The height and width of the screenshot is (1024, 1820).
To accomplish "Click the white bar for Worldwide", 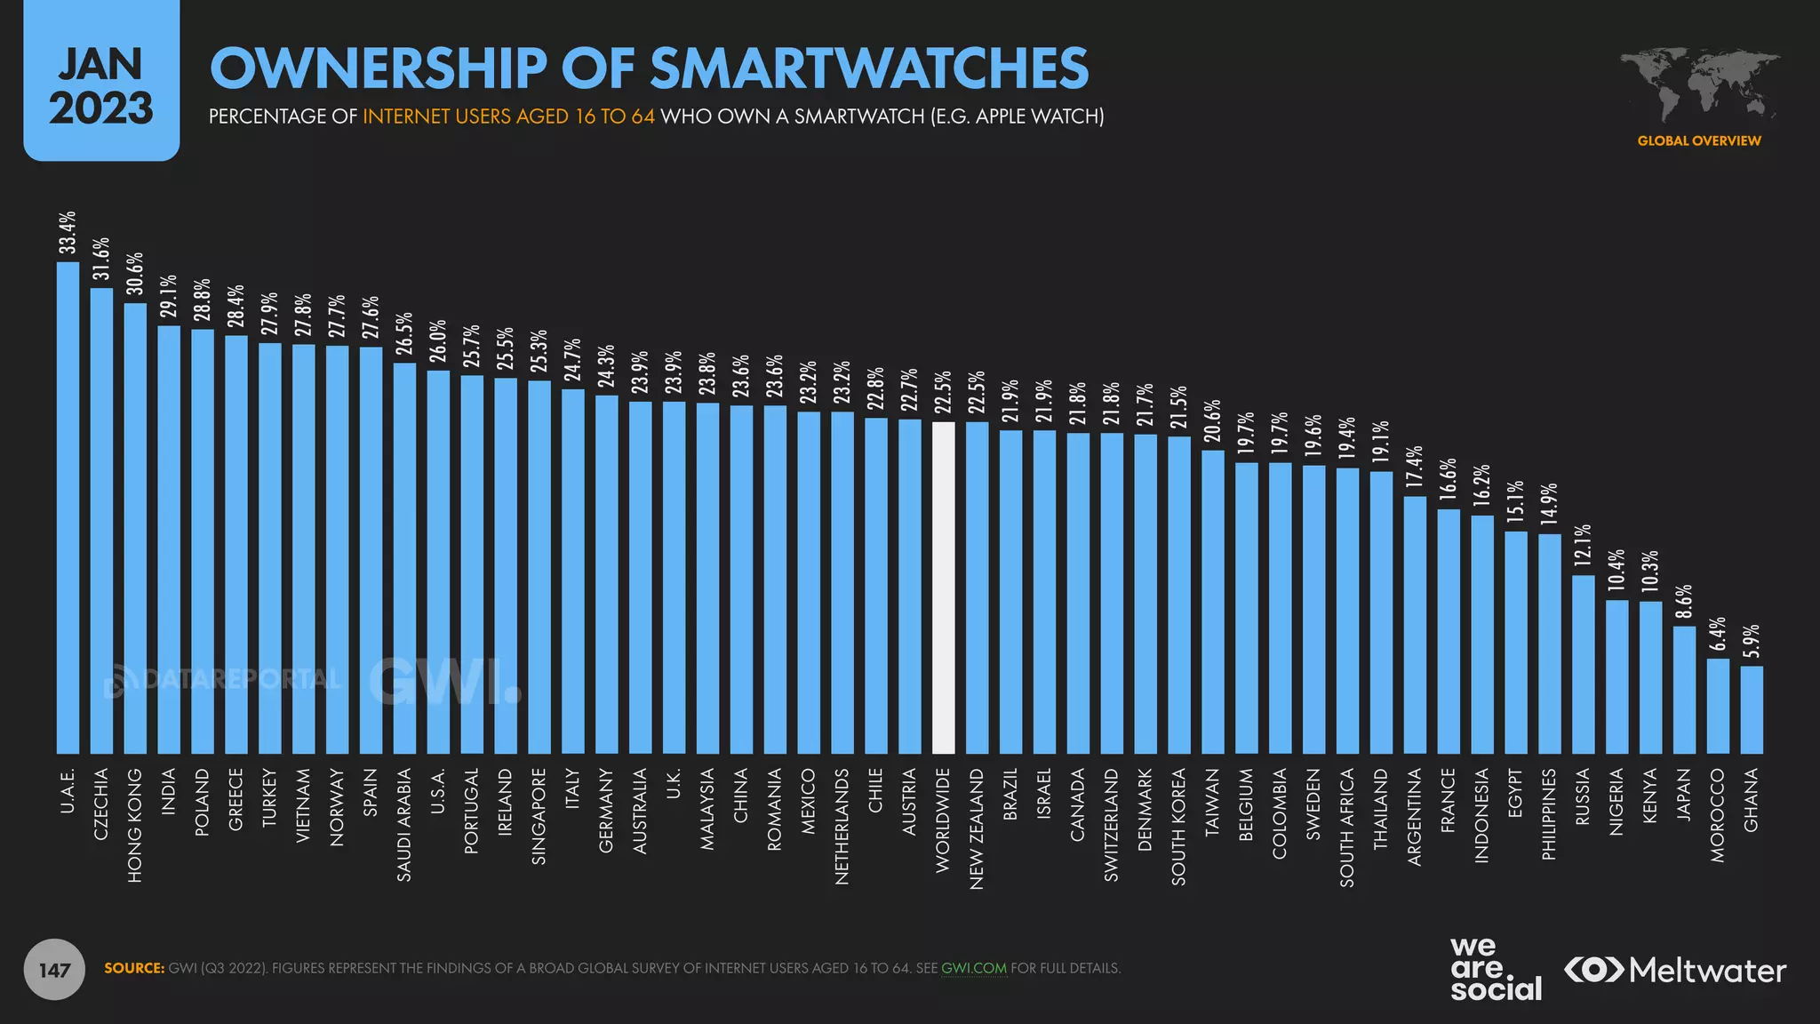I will coord(943,588).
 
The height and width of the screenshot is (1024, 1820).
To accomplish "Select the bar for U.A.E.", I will coord(68,508).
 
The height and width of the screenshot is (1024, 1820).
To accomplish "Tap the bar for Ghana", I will coord(1752,709).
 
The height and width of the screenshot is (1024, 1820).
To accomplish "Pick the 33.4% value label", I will coord(68,233).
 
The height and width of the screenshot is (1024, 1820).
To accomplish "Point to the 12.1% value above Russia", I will coord(1583,546).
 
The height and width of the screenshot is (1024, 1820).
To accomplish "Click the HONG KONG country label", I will coord(135,826).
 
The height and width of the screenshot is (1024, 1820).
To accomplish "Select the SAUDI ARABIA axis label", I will coord(404,825).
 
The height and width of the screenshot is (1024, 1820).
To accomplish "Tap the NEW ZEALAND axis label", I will coord(977,828).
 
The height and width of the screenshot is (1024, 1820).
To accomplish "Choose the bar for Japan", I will coord(1684,690).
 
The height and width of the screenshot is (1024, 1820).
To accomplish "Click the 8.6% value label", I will coord(1684,602).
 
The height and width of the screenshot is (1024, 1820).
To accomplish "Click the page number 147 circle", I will coord(54,969).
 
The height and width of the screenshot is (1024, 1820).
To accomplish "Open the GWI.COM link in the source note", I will coord(974,968).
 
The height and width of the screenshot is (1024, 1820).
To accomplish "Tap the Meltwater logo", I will coord(1675,970).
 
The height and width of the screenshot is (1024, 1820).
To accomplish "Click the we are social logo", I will coord(1496,969).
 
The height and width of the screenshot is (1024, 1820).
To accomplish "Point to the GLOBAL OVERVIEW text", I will coord(1698,140).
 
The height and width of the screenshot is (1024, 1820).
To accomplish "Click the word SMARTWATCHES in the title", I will coord(869,68).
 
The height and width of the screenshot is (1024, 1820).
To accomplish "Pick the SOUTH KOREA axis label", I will coord(1178,827).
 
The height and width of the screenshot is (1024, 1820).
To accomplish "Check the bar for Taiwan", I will coord(1213,602).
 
